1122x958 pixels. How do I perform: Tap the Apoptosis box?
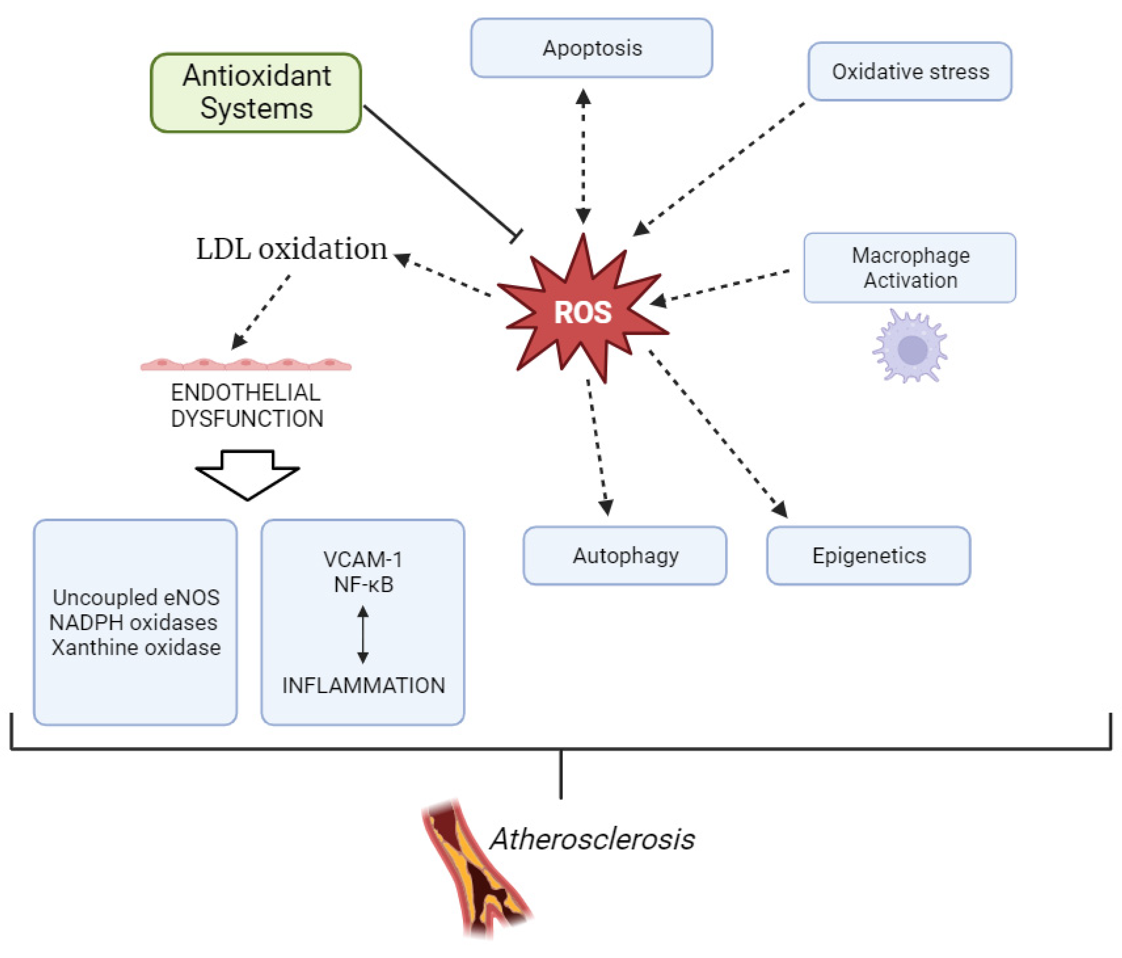click(591, 48)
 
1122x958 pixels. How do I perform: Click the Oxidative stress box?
click(910, 71)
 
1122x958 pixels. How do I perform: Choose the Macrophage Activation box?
click(910, 268)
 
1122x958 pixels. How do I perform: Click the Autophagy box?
click(625, 555)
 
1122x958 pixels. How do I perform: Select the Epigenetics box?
click(869, 555)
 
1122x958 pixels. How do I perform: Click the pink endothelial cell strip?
click(246, 364)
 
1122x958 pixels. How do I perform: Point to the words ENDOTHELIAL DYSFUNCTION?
click(247, 405)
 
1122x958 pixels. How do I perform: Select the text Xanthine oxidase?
click(136, 647)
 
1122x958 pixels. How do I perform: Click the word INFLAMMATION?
click(363, 685)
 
